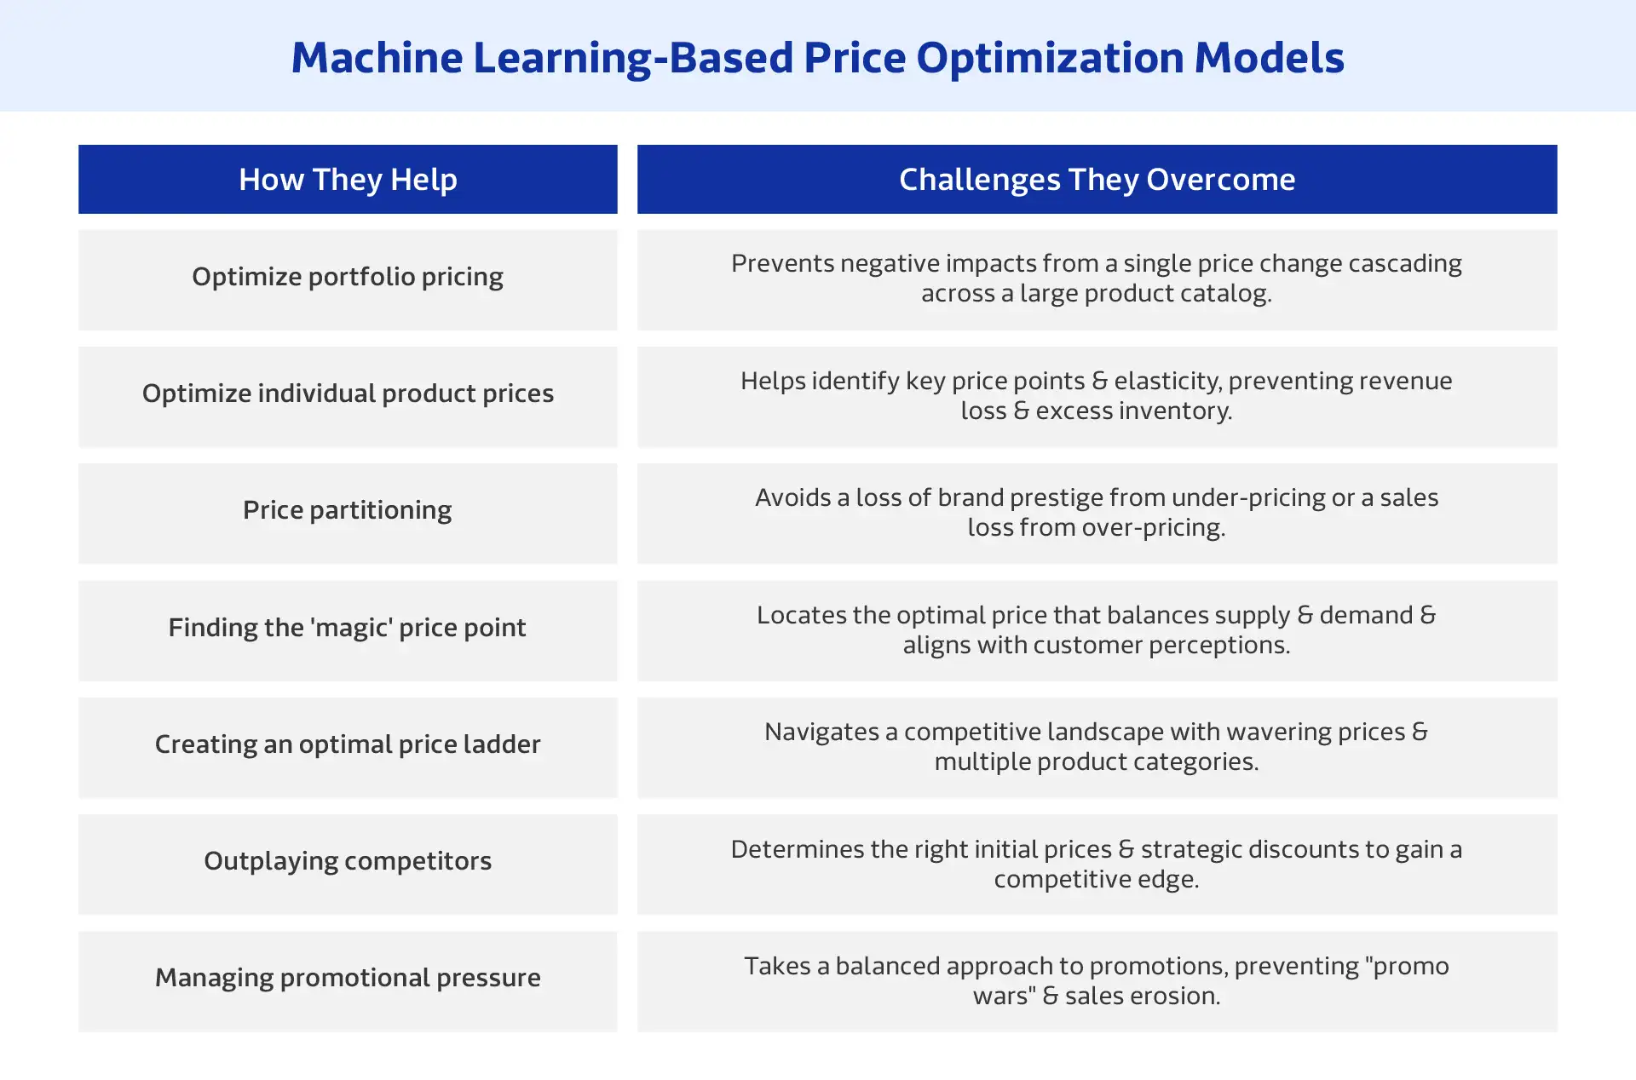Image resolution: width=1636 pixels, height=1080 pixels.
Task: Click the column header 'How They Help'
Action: coord(348,180)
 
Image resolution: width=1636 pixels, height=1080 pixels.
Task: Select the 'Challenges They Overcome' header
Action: coord(1097,180)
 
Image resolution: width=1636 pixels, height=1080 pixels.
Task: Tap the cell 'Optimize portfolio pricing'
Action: coord(348,277)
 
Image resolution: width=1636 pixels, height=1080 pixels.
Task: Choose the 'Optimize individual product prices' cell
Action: coord(348,394)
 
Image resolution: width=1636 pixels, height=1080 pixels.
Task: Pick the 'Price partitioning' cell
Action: coord(348,510)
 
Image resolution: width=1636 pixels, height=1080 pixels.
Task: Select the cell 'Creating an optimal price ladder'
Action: coord(348,744)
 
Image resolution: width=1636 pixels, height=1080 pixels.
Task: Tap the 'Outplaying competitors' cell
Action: coord(348,861)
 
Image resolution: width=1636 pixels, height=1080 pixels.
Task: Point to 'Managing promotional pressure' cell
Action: coord(348,978)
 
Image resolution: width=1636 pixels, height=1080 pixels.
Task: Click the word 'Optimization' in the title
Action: coord(1050,58)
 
